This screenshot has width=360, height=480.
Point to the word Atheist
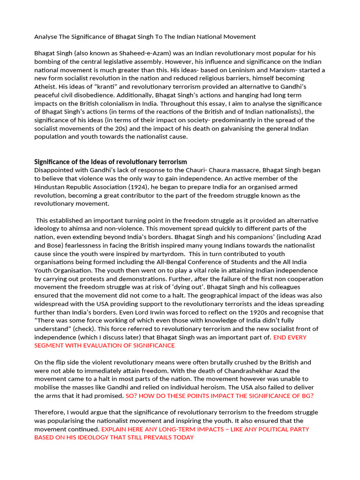click(46, 87)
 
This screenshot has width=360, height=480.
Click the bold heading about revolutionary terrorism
click(111, 162)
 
